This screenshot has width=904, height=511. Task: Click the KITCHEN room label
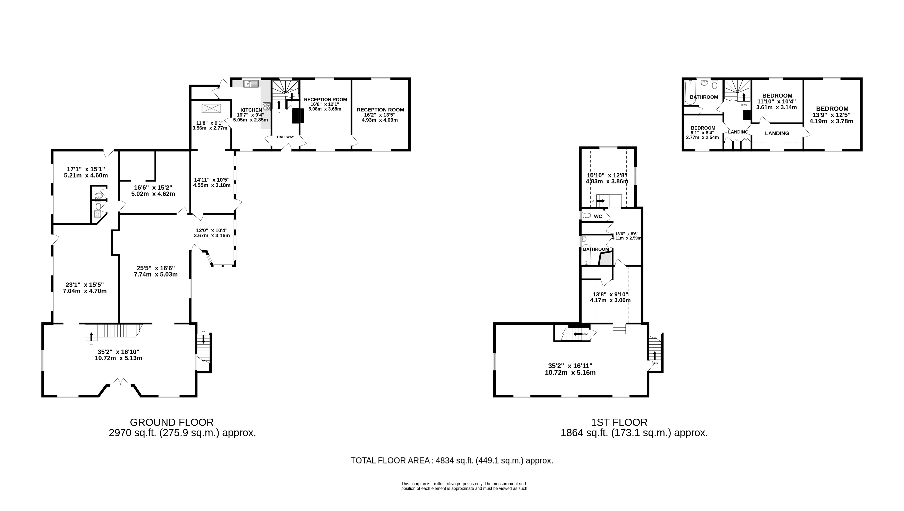(x=251, y=110)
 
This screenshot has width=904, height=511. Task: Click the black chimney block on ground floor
(x=298, y=116)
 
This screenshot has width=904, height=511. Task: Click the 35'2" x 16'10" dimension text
(x=119, y=355)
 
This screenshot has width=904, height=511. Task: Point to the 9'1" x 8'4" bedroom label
(x=703, y=133)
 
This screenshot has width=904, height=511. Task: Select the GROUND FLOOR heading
(x=172, y=422)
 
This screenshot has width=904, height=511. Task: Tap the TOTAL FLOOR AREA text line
(x=452, y=460)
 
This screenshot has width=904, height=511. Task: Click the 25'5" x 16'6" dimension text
(x=155, y=271)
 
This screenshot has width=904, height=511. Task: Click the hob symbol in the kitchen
(x=266, y=106)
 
